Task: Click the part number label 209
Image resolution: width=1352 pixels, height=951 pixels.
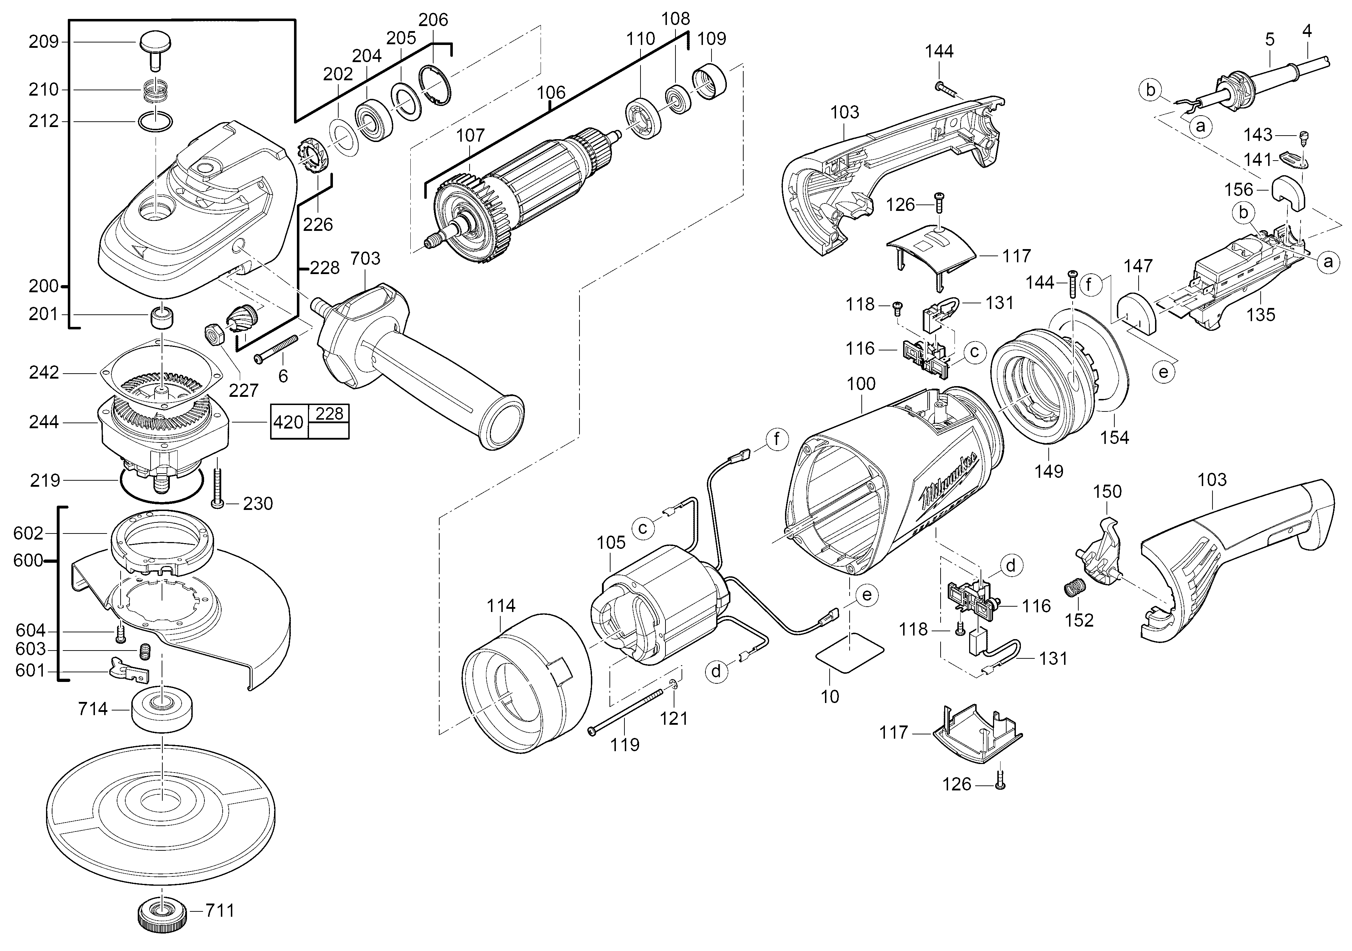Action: point(44,42)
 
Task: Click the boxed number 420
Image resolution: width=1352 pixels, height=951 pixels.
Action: point(289,422)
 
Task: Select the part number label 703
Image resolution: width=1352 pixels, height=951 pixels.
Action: point(365,258)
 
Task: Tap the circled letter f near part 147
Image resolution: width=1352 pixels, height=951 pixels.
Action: point(1090,285)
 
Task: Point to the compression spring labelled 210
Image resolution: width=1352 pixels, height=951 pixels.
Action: point(156,91)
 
